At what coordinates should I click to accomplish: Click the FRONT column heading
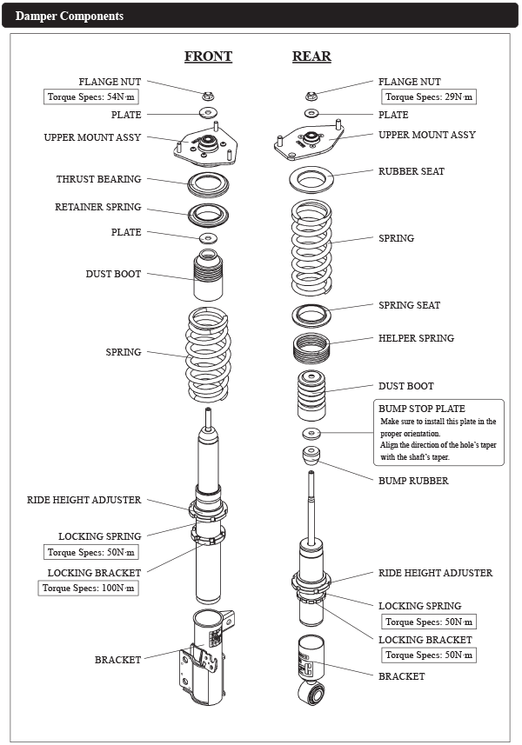[208, 57]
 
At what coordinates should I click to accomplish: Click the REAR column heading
[311, 57]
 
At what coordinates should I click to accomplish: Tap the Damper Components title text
[70, 17]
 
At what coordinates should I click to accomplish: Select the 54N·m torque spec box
[92, 97]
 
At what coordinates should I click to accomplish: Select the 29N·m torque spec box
[429, 97]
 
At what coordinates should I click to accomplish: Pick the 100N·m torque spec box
[89, 588]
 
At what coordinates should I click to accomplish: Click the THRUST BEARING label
[98, 179]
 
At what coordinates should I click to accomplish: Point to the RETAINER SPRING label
[97, 208]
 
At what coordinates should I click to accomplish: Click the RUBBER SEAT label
[412, 171]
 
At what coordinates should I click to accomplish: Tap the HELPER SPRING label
[416, 338]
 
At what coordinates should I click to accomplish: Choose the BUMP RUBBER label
[413, 481]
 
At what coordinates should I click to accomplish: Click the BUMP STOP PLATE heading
[422, 409]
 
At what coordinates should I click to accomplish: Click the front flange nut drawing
[209, 95]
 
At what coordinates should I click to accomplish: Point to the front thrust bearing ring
[209, 183]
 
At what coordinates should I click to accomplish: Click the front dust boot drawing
[209, 276]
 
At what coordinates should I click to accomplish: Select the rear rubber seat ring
[311, 182]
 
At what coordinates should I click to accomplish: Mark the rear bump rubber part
[311, 456]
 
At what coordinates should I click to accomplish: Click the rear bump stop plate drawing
[311, 433]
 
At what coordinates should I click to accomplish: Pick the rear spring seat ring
[311, 314]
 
